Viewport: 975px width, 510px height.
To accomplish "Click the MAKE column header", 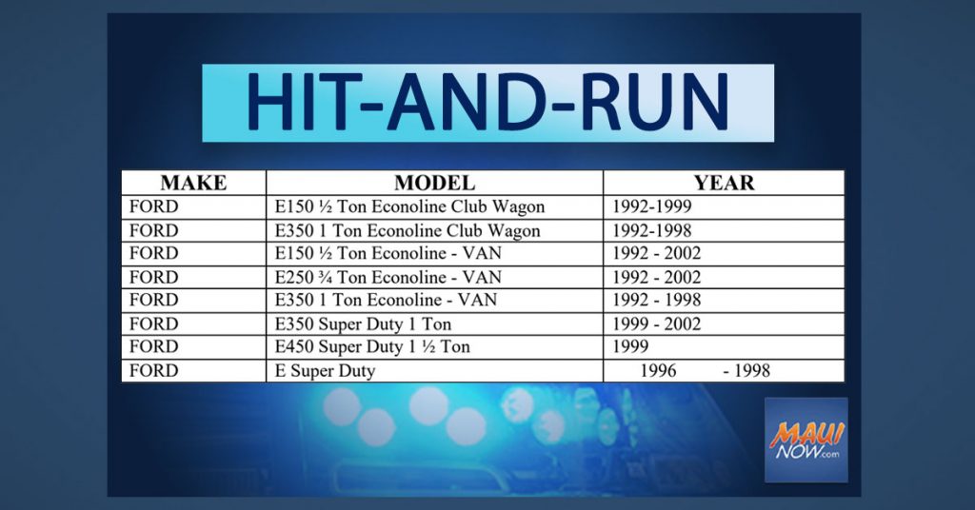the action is point(193,183).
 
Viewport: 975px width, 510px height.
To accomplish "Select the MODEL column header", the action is point(434,183).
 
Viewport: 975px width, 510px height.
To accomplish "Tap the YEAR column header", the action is point(724,183).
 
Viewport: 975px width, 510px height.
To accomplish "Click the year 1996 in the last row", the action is point(658,371).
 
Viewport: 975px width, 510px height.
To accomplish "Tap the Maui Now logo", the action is point(806,440).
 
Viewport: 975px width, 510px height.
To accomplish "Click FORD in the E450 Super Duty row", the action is point(153,346).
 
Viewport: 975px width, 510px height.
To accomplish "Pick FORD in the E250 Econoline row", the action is point(153,277).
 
